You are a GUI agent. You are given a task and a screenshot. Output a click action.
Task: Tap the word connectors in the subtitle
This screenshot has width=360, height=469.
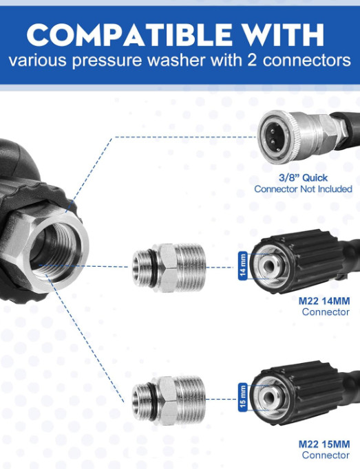pos(306,60)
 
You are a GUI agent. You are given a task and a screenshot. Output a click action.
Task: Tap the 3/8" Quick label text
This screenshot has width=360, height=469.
pos(303,177)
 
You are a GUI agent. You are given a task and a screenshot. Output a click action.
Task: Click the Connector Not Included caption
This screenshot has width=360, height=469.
pos(303,189)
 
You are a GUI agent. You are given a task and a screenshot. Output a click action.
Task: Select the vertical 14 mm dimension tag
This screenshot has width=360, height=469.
pos(242,266)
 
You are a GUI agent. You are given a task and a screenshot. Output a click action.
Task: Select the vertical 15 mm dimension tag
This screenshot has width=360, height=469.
pos(242,397)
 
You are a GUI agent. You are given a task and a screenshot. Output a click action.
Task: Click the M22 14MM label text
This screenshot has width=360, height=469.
pos(324,301)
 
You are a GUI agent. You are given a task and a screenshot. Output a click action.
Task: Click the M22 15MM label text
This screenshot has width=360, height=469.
pos(324,444)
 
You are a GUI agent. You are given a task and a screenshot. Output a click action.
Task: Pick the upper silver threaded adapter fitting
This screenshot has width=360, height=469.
pos(169,268)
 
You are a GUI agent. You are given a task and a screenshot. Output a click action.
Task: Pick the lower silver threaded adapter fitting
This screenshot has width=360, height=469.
pos(169,400)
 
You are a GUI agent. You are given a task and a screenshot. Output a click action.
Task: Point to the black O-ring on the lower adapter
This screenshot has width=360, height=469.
pos(153,400)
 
